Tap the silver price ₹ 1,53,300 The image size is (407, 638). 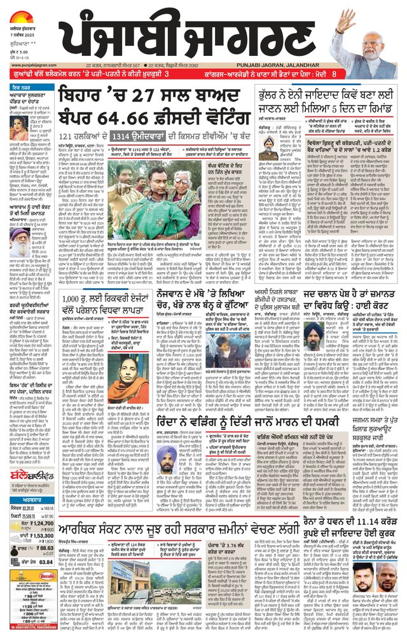coord(39,536)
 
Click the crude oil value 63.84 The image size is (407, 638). coord(45,562)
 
